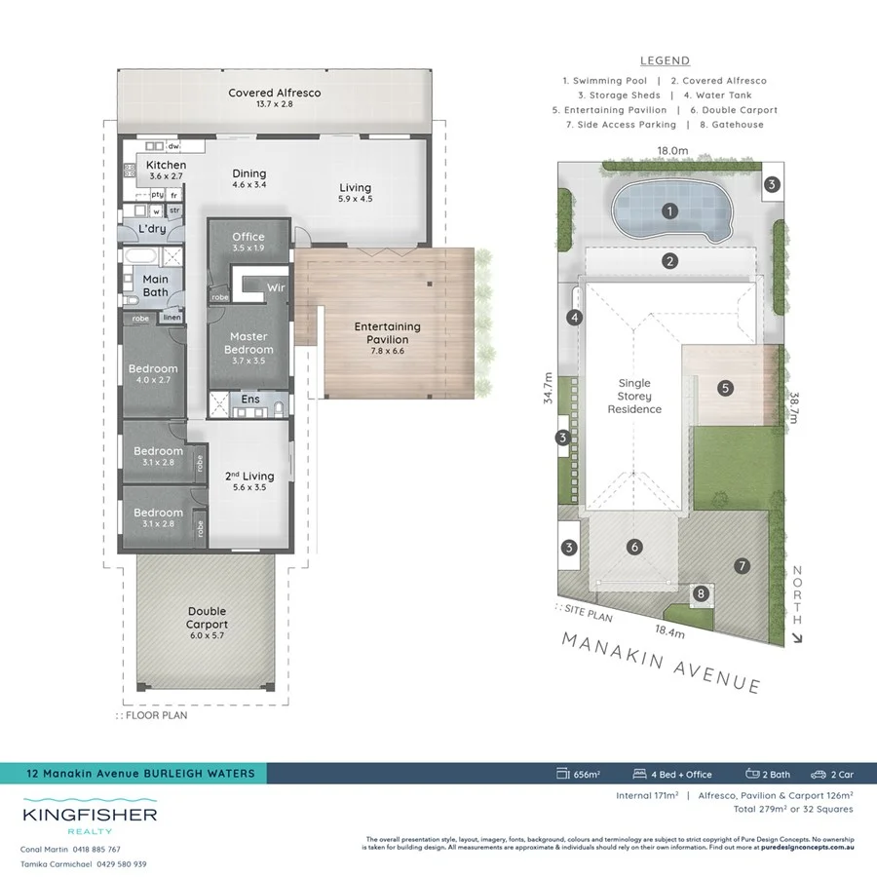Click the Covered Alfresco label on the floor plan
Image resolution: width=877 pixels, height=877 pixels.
click(x=274, y=94)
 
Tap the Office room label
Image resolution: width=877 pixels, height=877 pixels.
click(x=248, y=237)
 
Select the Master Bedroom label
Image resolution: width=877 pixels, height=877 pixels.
click(x=248, y=343)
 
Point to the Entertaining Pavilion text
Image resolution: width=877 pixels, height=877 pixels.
click(x=387, y=333)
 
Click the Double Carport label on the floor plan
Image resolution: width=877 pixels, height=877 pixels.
click(x=207, y=619)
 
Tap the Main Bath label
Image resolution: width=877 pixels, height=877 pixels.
click(x=155, y=286)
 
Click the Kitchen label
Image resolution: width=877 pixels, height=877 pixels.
click(x=166, y=166)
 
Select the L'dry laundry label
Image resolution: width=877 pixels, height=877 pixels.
click(x=151, y=228)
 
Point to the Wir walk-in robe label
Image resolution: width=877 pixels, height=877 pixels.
click(x=276, y=288)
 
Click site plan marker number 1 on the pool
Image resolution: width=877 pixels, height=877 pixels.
click(x=669, y=210)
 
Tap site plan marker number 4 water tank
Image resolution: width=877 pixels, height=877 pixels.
click(x=575, y=318)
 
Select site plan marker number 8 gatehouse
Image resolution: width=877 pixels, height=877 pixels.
click(x=699, y=592)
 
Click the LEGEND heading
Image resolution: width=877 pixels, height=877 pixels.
click(x=665, y=60)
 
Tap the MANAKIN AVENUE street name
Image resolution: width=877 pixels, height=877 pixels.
click(x=661, y=661)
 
